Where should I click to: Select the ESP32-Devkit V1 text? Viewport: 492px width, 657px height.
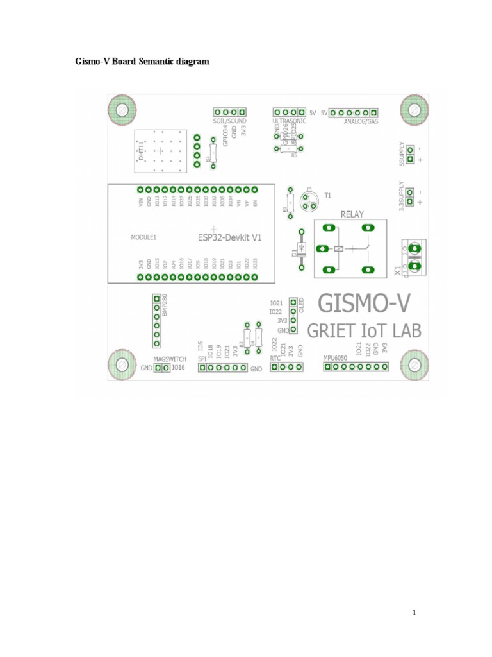(230, 237)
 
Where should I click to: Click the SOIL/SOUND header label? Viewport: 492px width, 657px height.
(229, 120)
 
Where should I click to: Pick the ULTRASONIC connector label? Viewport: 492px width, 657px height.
(290, 120)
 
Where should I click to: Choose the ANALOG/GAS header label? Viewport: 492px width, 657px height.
(361, 121)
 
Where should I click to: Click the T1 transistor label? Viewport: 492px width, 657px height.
(328, 194)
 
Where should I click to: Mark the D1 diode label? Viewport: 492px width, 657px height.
(295, 251)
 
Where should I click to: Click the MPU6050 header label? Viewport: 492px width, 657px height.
(334, 358)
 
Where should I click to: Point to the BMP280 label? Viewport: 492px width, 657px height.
(164, 305)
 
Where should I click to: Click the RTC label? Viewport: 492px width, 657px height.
(275, 358)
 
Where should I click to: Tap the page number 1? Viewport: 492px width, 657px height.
(414, 613)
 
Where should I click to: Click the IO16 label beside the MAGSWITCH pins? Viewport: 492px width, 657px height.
(178, 368)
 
